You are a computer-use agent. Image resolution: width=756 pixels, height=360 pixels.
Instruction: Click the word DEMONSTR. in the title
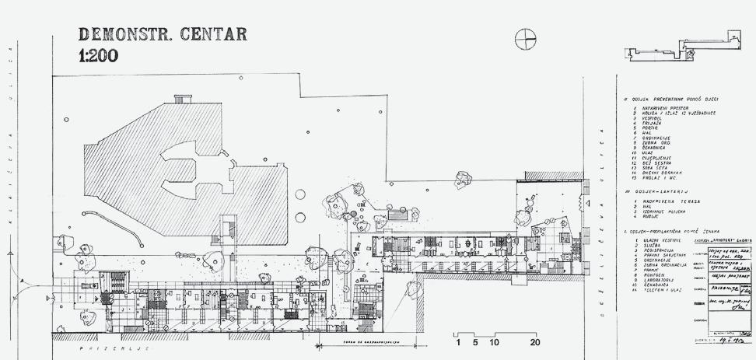[125, 35]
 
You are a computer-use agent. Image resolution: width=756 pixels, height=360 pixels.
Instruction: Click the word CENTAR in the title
[214, 35]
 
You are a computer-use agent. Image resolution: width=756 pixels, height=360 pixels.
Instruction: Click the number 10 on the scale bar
[493, 341]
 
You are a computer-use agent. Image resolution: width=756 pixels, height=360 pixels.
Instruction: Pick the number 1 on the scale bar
[458, 341]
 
